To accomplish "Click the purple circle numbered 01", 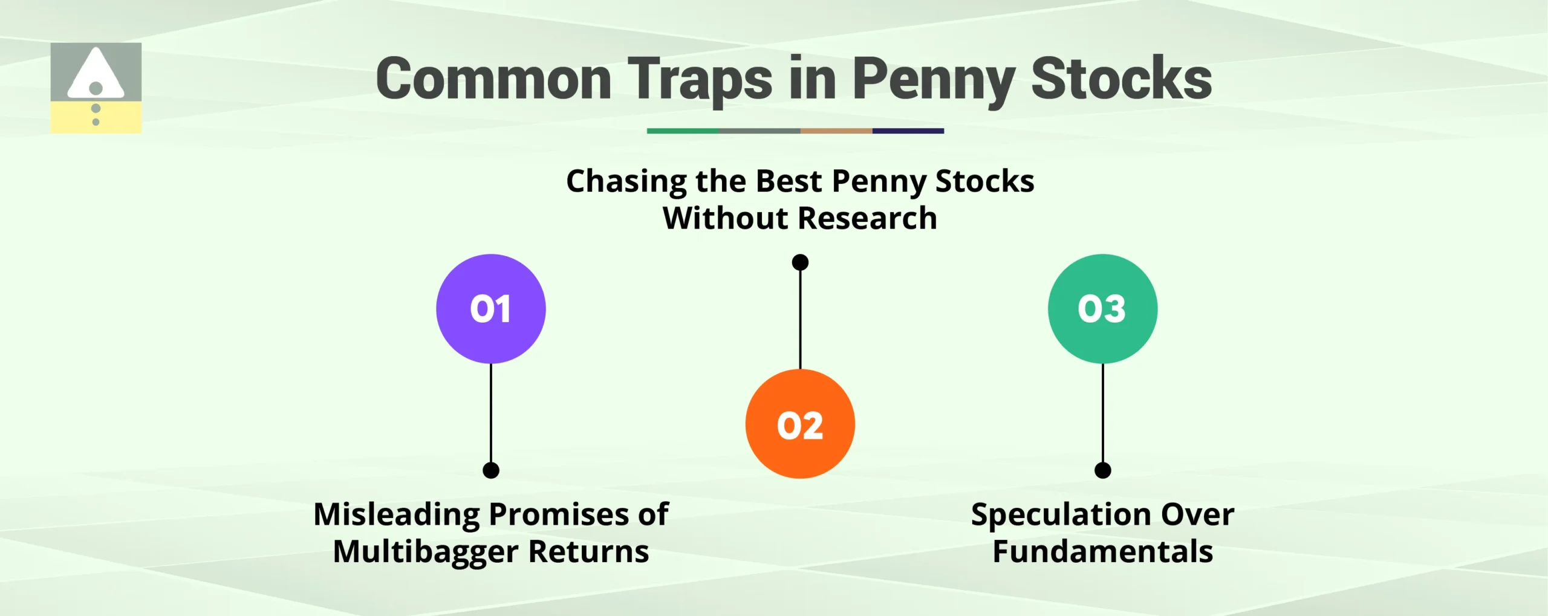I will pos(490,309).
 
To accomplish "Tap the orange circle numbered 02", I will pos(800,424).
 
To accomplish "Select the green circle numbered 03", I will pos(1102,309).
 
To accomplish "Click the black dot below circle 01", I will pos(491,470).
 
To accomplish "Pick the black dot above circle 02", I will pos(800,262).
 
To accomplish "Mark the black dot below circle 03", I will pos(1103,470).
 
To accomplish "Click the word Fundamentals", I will pos(1102,552).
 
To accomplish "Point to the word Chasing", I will pos(626,181).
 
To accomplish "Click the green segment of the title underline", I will pos(683,131).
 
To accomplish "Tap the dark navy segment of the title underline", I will pos(908,131).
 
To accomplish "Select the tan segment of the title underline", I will pos(836,131).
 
